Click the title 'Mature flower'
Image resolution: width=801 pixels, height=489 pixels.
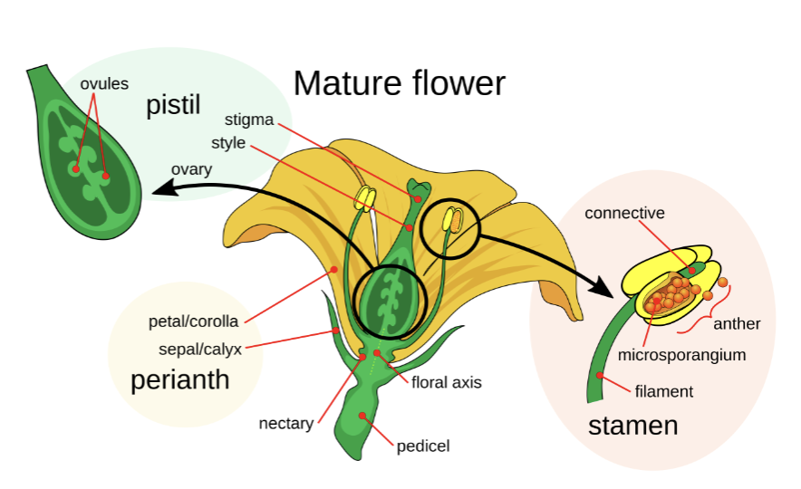click(399, 83)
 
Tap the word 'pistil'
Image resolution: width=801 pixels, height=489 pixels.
click(172, 107)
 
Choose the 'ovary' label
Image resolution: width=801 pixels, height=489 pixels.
click(191, 169)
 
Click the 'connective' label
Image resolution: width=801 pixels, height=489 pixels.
click(624, 214)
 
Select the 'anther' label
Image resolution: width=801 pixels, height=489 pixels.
click(737, 323)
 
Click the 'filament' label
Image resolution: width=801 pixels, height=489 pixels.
click(663, 391)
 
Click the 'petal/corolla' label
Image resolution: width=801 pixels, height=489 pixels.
click(194, 321)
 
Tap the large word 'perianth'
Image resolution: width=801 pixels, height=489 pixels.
click(179, 379)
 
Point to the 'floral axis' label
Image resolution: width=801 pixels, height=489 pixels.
click(446, 382)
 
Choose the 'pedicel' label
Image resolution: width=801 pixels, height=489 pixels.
click(423, 446)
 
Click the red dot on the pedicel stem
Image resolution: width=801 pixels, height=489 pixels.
click(362, 416)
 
